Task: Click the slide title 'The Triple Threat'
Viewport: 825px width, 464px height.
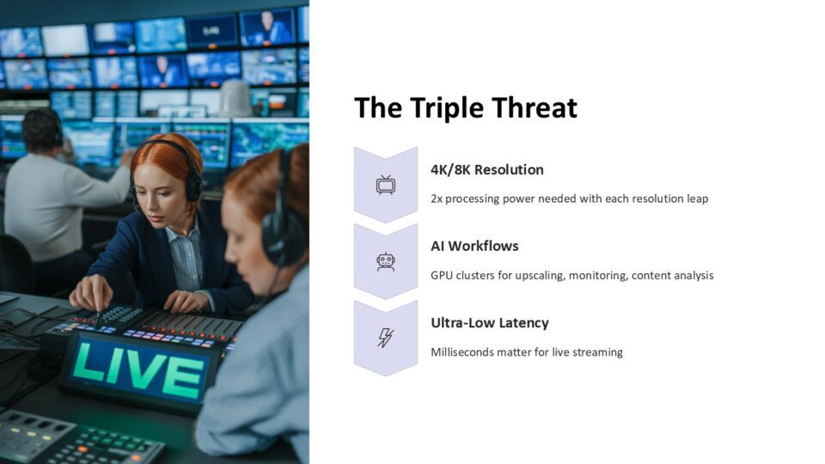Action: tap(466, 108)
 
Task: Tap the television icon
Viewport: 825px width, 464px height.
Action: tap(386, 186)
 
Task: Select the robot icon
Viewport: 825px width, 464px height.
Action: tap(386, 261)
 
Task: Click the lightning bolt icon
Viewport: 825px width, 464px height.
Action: tap(386, 338)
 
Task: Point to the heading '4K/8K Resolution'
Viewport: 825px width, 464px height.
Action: tap(487, 170)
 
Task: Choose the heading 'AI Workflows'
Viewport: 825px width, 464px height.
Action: tap(474, 247)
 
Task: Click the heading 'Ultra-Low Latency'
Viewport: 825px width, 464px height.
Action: tap(490, 322)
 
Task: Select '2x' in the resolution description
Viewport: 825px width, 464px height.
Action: tap(437, 198)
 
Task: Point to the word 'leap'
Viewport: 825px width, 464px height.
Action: tap(698, 198)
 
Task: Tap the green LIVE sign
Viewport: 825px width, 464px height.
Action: tap(139, 372)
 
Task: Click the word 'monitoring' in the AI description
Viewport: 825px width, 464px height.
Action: tap(598, 276)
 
